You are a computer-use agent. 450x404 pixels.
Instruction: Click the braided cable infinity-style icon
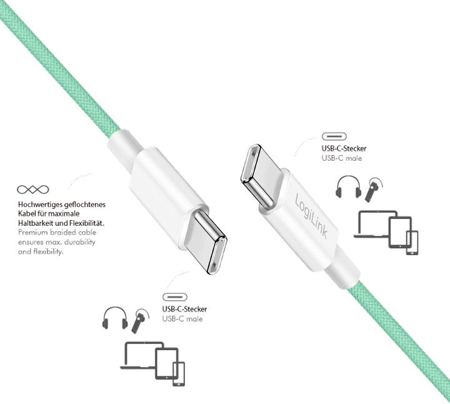[33, 189]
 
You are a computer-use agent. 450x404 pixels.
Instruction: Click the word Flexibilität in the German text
[85, 223]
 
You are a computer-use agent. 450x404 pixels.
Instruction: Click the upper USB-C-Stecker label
[344, 149]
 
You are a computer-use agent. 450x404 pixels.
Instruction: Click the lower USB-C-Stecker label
[184, 309]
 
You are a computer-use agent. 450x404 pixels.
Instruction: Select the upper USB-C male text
[341, 158]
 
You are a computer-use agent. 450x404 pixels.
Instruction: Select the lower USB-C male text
[182, 319]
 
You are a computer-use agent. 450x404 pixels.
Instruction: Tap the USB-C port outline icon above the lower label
[176, 296]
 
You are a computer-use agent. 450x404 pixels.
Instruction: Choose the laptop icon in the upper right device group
[373, 225]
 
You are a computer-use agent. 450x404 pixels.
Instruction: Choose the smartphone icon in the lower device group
[179, 374]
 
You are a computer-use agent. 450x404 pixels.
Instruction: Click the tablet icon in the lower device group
[165, 362]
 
